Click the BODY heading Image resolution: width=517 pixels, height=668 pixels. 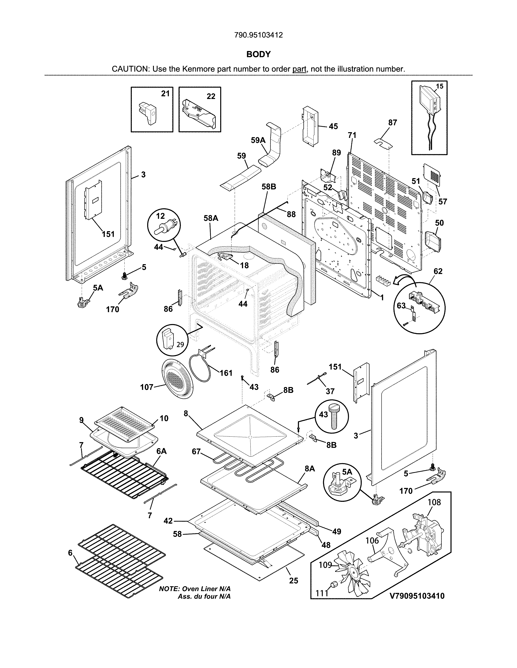tap(258, 54)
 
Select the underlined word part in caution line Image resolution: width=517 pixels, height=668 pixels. tap(299, 69)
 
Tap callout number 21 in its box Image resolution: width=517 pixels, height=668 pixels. tap(165, 94)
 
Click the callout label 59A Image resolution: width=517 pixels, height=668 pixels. tap(258, 140)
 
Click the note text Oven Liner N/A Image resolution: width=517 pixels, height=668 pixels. tap(195, 589)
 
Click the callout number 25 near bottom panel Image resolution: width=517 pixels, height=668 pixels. tap(293, 581)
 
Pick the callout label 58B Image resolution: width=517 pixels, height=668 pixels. tap(269, 187)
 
